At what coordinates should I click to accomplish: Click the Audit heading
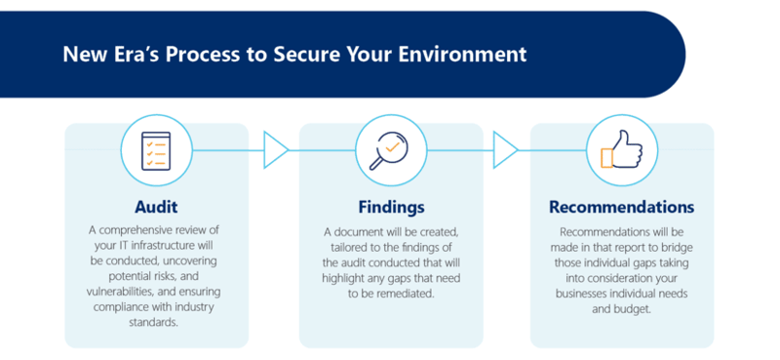[156, 208]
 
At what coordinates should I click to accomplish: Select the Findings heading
[390, 208]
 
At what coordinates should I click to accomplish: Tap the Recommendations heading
[622, 208]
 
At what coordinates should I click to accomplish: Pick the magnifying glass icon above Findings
[390, 149]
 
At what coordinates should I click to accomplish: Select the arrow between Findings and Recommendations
[505, 150]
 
